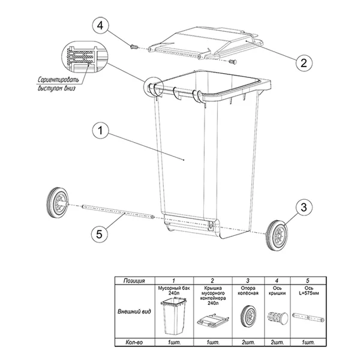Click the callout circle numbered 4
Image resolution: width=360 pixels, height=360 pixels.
point(100,26)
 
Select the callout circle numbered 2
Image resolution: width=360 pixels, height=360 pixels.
point(304,62)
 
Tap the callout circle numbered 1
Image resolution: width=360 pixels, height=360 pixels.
point(100,130)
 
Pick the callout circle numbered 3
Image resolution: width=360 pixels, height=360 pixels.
point(304,208)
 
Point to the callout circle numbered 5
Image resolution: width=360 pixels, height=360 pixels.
point(100,234)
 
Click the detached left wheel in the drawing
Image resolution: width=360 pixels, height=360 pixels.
point(58,203)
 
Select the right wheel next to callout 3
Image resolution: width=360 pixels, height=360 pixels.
point(277,235)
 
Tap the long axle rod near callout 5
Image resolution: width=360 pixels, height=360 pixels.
point(118,212)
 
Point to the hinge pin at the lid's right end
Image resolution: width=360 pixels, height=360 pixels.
point(233,62)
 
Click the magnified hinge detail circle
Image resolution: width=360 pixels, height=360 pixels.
point(84,56)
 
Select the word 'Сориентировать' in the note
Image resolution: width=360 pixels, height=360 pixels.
point(58,79)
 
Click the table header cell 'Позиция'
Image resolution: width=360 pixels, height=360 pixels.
point(134,281)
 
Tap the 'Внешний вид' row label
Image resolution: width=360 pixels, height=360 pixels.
point(134,311)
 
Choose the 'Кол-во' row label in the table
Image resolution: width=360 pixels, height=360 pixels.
point(134,343)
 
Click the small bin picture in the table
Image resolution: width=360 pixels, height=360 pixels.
point(173,316)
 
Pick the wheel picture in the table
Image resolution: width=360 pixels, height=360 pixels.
point(248,316)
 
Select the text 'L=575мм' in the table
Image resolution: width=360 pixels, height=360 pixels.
point(309,293)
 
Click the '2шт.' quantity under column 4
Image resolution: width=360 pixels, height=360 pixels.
point(277,343)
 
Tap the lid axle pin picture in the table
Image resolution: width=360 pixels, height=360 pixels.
point(278,317)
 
